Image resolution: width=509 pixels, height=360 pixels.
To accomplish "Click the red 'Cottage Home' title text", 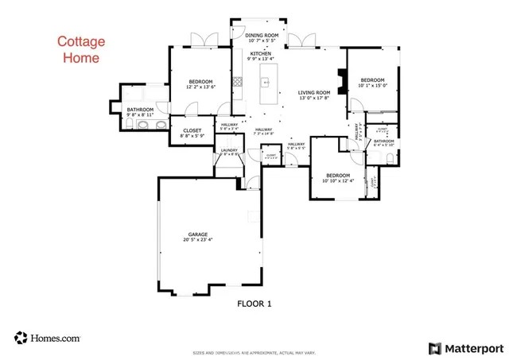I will [77, 49].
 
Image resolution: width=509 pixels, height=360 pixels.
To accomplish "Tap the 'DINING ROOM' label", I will [262, 36].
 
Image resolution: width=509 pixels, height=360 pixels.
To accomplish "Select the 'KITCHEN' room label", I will [260, 53].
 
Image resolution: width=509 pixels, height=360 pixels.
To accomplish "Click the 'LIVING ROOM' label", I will [314, 93].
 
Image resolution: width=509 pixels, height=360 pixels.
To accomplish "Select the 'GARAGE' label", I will [197, 234].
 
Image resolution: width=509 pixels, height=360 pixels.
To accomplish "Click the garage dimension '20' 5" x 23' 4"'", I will [197, 240].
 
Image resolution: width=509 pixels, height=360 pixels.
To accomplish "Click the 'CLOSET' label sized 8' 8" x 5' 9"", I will [192, 130].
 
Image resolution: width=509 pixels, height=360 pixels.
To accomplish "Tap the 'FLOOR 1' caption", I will [254, 304].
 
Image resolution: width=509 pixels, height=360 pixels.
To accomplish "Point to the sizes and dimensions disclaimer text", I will [254, 353].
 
